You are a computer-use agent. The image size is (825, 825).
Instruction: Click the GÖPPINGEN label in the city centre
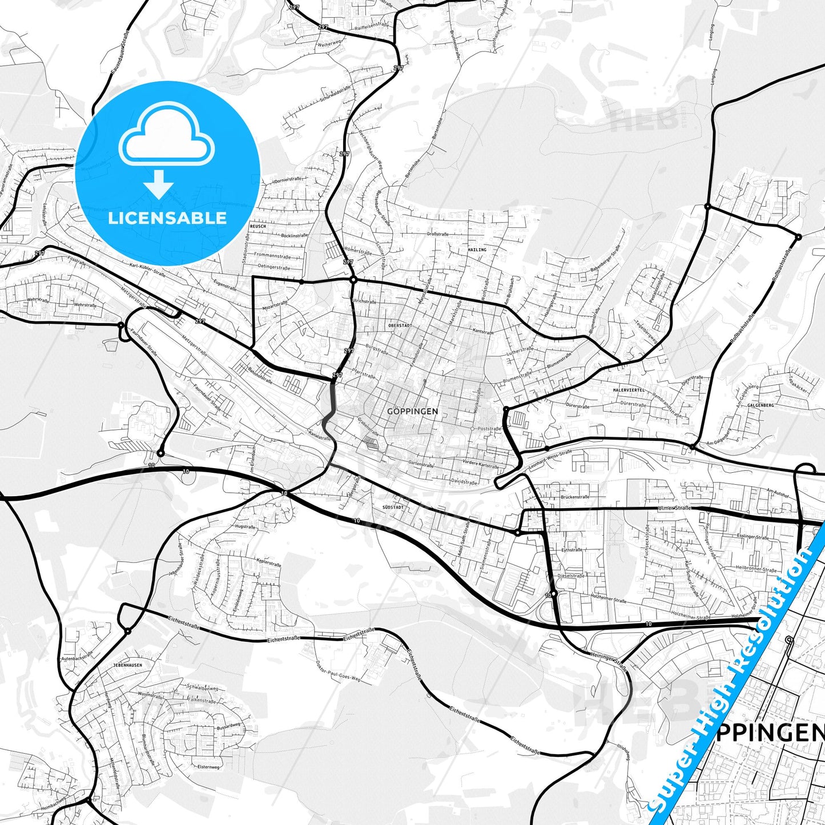[x=412, y=411]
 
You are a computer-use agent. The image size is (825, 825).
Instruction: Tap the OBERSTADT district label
[x=400, y=325]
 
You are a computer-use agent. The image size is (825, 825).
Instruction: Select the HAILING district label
[x=477, y=249]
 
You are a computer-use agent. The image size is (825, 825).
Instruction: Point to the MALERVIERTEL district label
[x=629, y=390]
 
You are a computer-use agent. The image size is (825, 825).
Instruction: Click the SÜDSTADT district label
[x=393, y=507]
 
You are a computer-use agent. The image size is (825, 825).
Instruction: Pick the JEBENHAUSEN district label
[x=128, y=665]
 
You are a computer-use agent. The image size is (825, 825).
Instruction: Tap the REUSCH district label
[x=258, y=226]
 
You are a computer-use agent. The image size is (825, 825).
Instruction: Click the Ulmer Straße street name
[x=674, y=508]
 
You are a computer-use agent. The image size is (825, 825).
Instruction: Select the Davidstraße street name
[x=464, y=481]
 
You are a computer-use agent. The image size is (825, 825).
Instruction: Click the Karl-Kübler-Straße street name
[x=147, y=270]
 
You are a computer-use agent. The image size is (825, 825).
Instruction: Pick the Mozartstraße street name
[x=275, y=305]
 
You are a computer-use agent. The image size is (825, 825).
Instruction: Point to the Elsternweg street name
[x=208, y=767]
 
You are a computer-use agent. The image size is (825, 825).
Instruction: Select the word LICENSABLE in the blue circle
[x=167, y=218]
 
